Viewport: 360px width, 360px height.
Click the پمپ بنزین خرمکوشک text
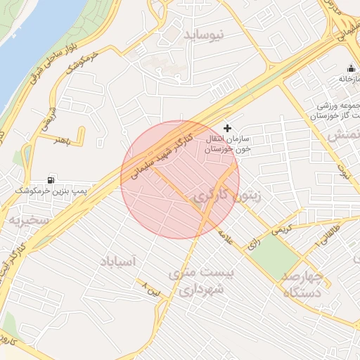click(47, 191)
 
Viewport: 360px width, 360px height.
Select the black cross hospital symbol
click(227, 128)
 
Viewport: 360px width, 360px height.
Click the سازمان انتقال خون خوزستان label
click(233, 146)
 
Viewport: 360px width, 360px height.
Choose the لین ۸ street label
click(153, 288)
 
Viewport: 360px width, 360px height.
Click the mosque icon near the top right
click(351, 69)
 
